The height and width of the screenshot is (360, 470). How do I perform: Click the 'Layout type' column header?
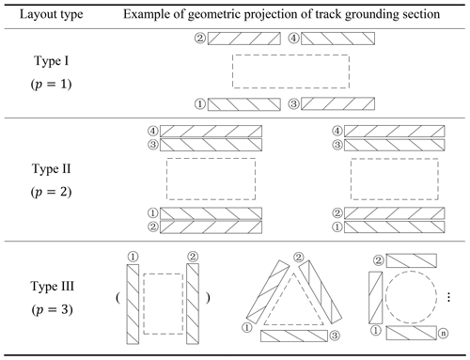[x=52, y=14]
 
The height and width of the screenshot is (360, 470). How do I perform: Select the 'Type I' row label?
[x=52, y=60]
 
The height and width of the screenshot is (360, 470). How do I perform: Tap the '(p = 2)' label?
[x=52, y=192]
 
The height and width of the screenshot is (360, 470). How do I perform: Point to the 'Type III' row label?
[x=52, y=286]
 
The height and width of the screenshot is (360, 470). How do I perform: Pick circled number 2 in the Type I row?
[x=200, y=39]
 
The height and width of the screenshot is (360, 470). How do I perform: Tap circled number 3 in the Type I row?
[x=293, y=103]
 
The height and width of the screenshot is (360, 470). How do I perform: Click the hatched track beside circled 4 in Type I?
[x=337, y=39]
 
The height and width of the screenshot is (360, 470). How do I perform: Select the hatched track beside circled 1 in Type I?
[x=244, y=104]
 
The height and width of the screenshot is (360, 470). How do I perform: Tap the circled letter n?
[x=443, y=334]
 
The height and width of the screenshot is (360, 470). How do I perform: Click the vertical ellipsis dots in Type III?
[x=448, y=297]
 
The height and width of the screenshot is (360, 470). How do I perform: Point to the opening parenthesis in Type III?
[x=117, y=297]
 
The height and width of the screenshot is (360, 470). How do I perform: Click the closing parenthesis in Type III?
[x=208, y=297]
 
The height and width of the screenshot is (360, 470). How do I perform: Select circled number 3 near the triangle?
[x=335, y=336]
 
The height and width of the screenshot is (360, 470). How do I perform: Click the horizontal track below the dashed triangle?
[x=294, y=336]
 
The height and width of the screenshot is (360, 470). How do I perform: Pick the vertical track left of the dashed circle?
[x=375, y=298]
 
